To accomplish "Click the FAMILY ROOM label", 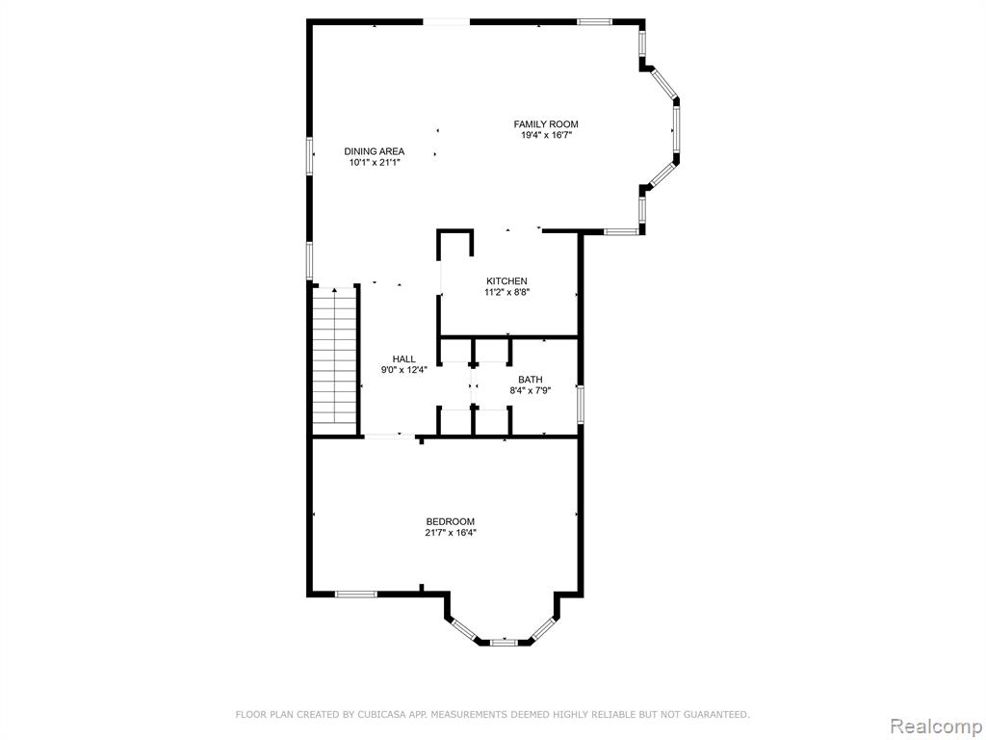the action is (546, 124).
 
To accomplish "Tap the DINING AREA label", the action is (375, 151).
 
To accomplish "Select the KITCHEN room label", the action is (506, 281).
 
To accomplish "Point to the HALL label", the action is (403, 359).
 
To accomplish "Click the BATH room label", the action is (531, 380).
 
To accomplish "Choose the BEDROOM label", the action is (451, 521).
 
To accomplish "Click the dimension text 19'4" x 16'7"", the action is (546, 135).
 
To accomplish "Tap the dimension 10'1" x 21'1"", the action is (375, 162).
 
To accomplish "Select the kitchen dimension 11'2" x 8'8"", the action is (506, 292).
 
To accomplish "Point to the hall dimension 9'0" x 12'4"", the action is (403, 370).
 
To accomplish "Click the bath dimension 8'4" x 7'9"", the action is (531, 390).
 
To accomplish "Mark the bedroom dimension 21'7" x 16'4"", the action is (451, 532).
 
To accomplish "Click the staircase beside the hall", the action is (335, 360).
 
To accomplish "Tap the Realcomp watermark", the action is (935, 727).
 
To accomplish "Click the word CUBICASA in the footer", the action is (377, 714).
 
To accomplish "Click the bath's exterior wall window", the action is (581, 404).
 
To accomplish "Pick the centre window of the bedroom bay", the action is (503, 643).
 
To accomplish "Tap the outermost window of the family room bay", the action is (676, 129).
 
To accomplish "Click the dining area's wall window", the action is (309, 155).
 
